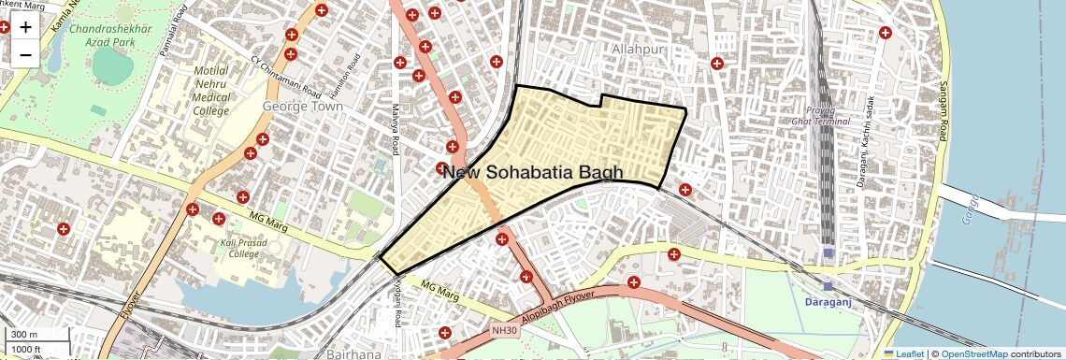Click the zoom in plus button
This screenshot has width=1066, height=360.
pyautogui.click(x=25, y=26)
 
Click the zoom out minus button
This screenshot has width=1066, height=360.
pyautogui.click(x=25, y=54)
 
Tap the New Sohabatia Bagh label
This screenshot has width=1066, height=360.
pyautogui.click(x=532, y=172)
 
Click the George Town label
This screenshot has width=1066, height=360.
pyautogui.click(x=303, y=107)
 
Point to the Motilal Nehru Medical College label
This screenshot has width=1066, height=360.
pyautogui.click(x=210, y=91)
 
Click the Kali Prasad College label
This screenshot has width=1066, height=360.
pyautogui.click(x=226, y=248)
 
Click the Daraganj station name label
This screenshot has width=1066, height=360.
pyautogui.click(x=832, y=303)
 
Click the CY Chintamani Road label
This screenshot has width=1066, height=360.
pyautogui.click(x=286, y=76)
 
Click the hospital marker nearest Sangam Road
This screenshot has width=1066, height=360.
pyautogui.click(x=885, y=33)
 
